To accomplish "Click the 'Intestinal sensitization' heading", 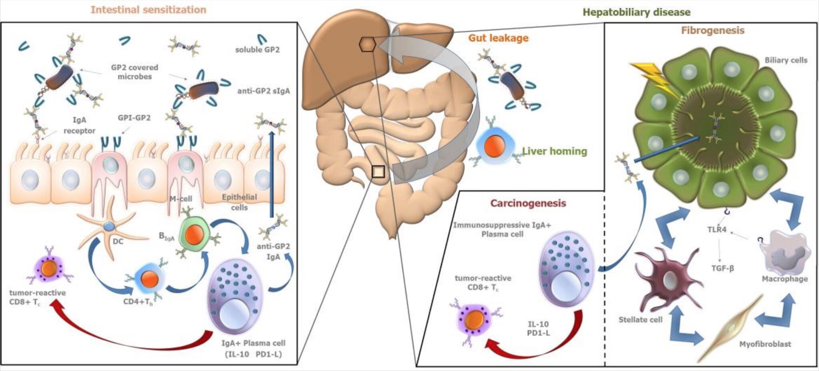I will (x=148, y=10).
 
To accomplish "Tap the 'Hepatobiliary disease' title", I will (x=636, y=12).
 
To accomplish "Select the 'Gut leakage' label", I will (x=498, y=38).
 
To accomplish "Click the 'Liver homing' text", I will (x=554, y=151).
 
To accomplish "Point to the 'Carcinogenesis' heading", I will (x=528, y=203).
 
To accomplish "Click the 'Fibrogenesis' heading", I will (x=713, y=30).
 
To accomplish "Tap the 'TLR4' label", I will (x=716, y=230).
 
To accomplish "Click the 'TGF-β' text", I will (x=722, y=268).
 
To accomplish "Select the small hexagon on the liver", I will (x=367, y=44).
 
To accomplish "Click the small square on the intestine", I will (x=378, y=172).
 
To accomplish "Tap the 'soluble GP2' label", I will (x=257, y=50).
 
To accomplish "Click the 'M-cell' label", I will (x=180, y=198).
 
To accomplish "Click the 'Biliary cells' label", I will (x=786, y=60).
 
